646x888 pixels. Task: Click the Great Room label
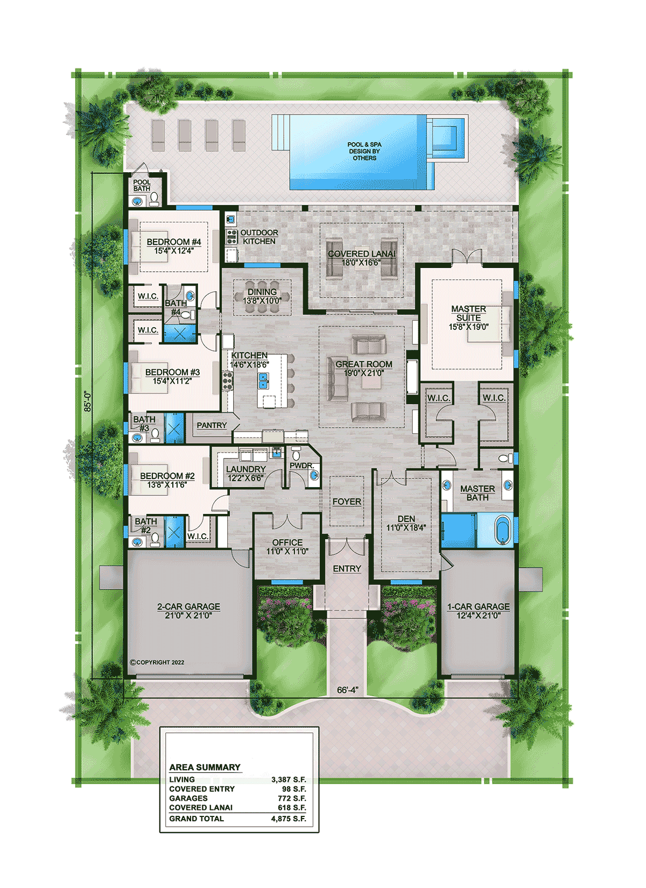click(364, 364)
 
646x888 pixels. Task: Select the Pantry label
click(212, 425)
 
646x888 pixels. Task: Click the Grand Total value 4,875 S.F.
click(289, 819)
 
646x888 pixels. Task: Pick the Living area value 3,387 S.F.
click(289, 779)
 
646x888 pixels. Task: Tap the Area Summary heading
click(205, 767)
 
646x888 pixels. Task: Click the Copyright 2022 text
click(157, 662)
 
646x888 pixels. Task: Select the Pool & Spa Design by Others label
click(364, 151)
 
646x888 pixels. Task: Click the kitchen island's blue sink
click(263, 380)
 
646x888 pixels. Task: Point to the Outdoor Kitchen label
click(259, 237)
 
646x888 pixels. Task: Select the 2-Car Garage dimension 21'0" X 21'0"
click(189, 615)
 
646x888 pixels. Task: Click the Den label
click(406, 518)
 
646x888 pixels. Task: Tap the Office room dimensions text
click(287, 551)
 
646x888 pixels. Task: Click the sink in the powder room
click(314, 475)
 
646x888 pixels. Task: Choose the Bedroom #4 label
click(174, 242)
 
